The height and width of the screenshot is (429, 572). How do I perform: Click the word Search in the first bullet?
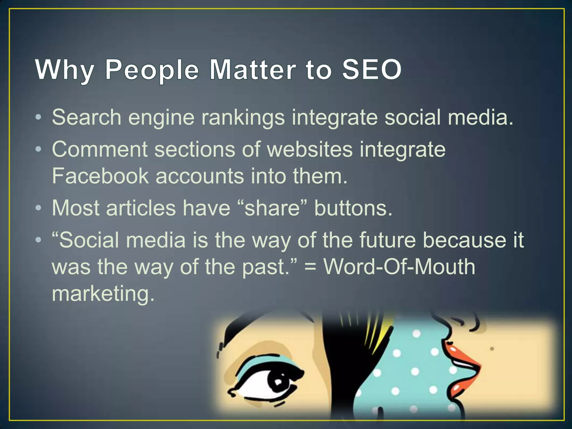86,117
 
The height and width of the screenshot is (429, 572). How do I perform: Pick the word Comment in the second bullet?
99,149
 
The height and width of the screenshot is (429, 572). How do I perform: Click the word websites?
310,149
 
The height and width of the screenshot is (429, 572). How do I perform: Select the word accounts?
200,177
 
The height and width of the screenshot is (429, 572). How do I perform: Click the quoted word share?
272,208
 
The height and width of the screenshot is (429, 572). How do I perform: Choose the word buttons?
353,208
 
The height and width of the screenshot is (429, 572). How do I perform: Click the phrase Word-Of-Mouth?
399,267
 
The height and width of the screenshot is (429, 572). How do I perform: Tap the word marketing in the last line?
103,294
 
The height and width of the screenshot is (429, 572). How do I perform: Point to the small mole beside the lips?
492,349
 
